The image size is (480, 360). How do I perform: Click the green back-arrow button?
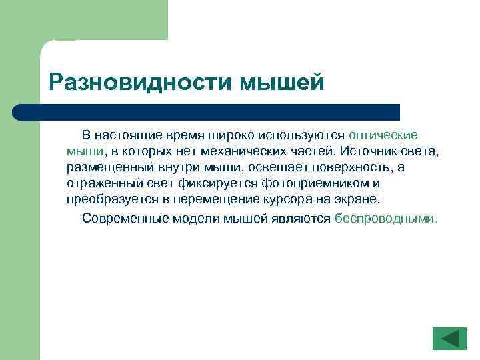[x=449, y=338]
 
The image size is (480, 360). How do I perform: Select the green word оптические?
[x=383, y=135]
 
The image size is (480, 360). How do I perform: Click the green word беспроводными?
[x=386, y=217]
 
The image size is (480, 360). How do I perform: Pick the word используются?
[x=303, y=135]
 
